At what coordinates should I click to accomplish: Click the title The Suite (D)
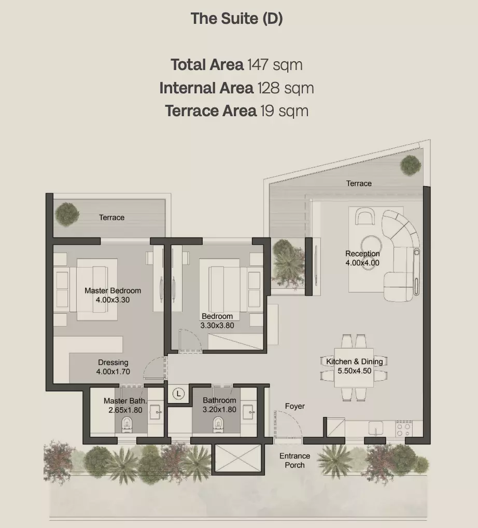[236, 19]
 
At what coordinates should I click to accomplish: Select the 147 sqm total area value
[275, 65]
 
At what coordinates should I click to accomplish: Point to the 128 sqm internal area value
[286, 88]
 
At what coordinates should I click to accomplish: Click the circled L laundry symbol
[178, 393]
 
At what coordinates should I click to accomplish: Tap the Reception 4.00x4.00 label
[362, 258]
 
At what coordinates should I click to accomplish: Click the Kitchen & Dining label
[355, 362]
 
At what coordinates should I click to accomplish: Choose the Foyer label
[295, 406]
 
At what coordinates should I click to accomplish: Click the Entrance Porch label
[294, 461]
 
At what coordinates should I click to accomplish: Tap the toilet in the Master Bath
[127, 424]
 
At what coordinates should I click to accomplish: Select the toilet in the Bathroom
[218, 424]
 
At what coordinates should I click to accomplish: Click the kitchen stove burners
[404, 428]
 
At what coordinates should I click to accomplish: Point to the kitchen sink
[376, 428]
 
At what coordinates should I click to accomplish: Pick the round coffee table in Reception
[371, 244]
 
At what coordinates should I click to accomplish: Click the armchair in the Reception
[364, 216]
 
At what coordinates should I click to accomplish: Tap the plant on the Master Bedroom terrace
[67, 214]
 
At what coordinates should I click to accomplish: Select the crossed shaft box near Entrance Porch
[238, 458]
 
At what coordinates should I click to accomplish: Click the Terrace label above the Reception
[359, 184]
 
